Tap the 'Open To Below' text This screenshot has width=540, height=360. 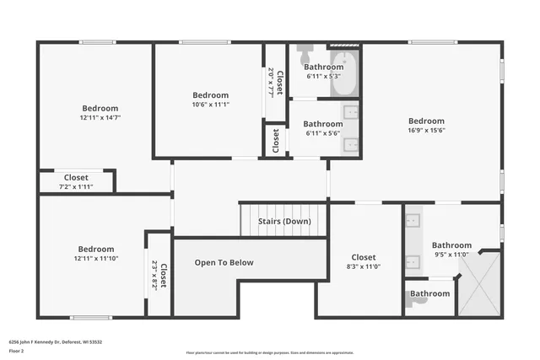click(224, 262)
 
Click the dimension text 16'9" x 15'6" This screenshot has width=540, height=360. click(426, 130)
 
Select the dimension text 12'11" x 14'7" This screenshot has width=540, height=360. click(100, 118)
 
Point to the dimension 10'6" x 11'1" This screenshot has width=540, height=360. click(210, 105)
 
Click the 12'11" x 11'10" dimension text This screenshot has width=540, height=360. click(96, 258)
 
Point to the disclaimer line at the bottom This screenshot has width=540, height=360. click(269, 352)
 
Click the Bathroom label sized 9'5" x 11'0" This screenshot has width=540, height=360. click(451, 245)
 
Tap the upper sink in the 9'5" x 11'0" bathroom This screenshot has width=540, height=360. click(413, 222)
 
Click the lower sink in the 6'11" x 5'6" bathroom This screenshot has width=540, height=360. click(351, 143)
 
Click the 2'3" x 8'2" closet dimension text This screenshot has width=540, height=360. click(154, 274)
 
